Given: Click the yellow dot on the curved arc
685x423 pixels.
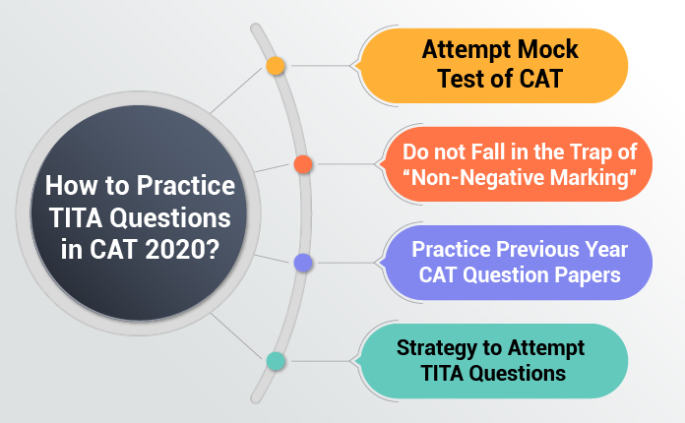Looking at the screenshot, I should pos(276,66).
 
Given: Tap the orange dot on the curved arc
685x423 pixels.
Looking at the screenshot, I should pos(303,163).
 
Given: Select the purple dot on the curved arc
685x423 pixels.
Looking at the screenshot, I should pos(303,263).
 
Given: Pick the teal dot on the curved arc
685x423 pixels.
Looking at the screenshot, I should pos(276,361).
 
